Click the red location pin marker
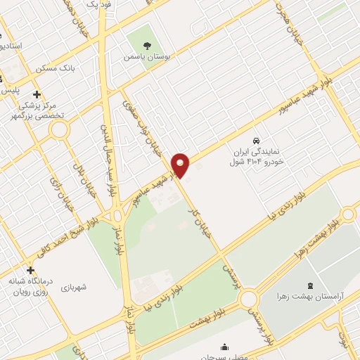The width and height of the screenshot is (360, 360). click(181, 165)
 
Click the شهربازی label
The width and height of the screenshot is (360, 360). click(73, 288)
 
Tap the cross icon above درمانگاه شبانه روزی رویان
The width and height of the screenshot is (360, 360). click(30, 270)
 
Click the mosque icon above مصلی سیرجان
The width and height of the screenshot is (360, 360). click(224, 347)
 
